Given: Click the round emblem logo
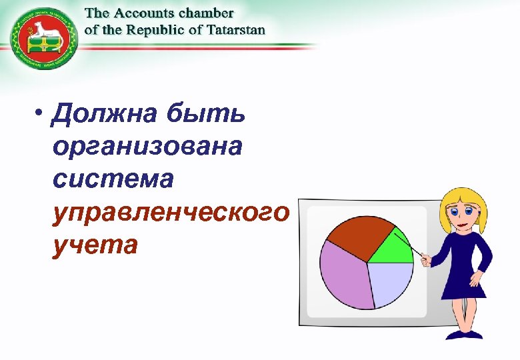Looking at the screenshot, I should pyautogui.click(x=44, y=38).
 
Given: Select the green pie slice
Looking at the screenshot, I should pyautogui.click(x=393, y=249).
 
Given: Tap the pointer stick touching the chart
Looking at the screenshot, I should pyautogui.click(x=407, y=242).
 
